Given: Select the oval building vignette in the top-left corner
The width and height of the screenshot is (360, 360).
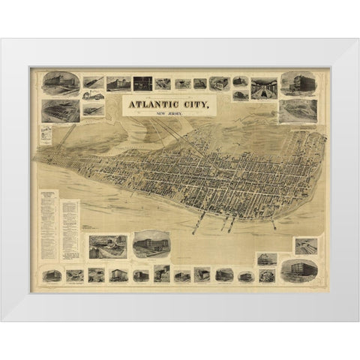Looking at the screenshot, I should (56, 82).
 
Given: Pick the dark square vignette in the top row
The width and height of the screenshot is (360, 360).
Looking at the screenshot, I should (142, 83).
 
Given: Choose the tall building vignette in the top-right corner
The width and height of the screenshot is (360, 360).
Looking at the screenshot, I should (297, 83).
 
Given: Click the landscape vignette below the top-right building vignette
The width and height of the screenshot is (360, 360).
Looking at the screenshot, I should (297, 110).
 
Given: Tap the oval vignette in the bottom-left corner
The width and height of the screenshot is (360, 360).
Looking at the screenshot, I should (52, 274).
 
